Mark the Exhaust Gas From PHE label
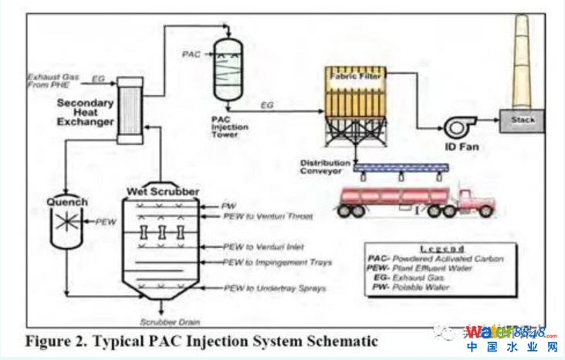tap(54, 80)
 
